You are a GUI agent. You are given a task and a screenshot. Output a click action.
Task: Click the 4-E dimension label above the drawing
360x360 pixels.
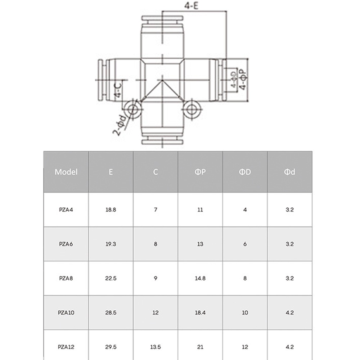point(191,5)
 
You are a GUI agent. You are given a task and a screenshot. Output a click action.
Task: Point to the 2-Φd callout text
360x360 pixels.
point(120,125)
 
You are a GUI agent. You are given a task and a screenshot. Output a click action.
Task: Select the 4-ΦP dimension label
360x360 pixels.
point(243,79)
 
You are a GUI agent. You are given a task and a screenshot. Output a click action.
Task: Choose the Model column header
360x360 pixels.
point(66,172)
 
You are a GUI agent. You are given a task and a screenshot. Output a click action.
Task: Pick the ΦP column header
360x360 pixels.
point(200,172)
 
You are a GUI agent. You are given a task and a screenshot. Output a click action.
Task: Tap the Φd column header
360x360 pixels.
point(289,172)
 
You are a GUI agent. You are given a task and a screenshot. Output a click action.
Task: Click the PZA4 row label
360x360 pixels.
point(66,210)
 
